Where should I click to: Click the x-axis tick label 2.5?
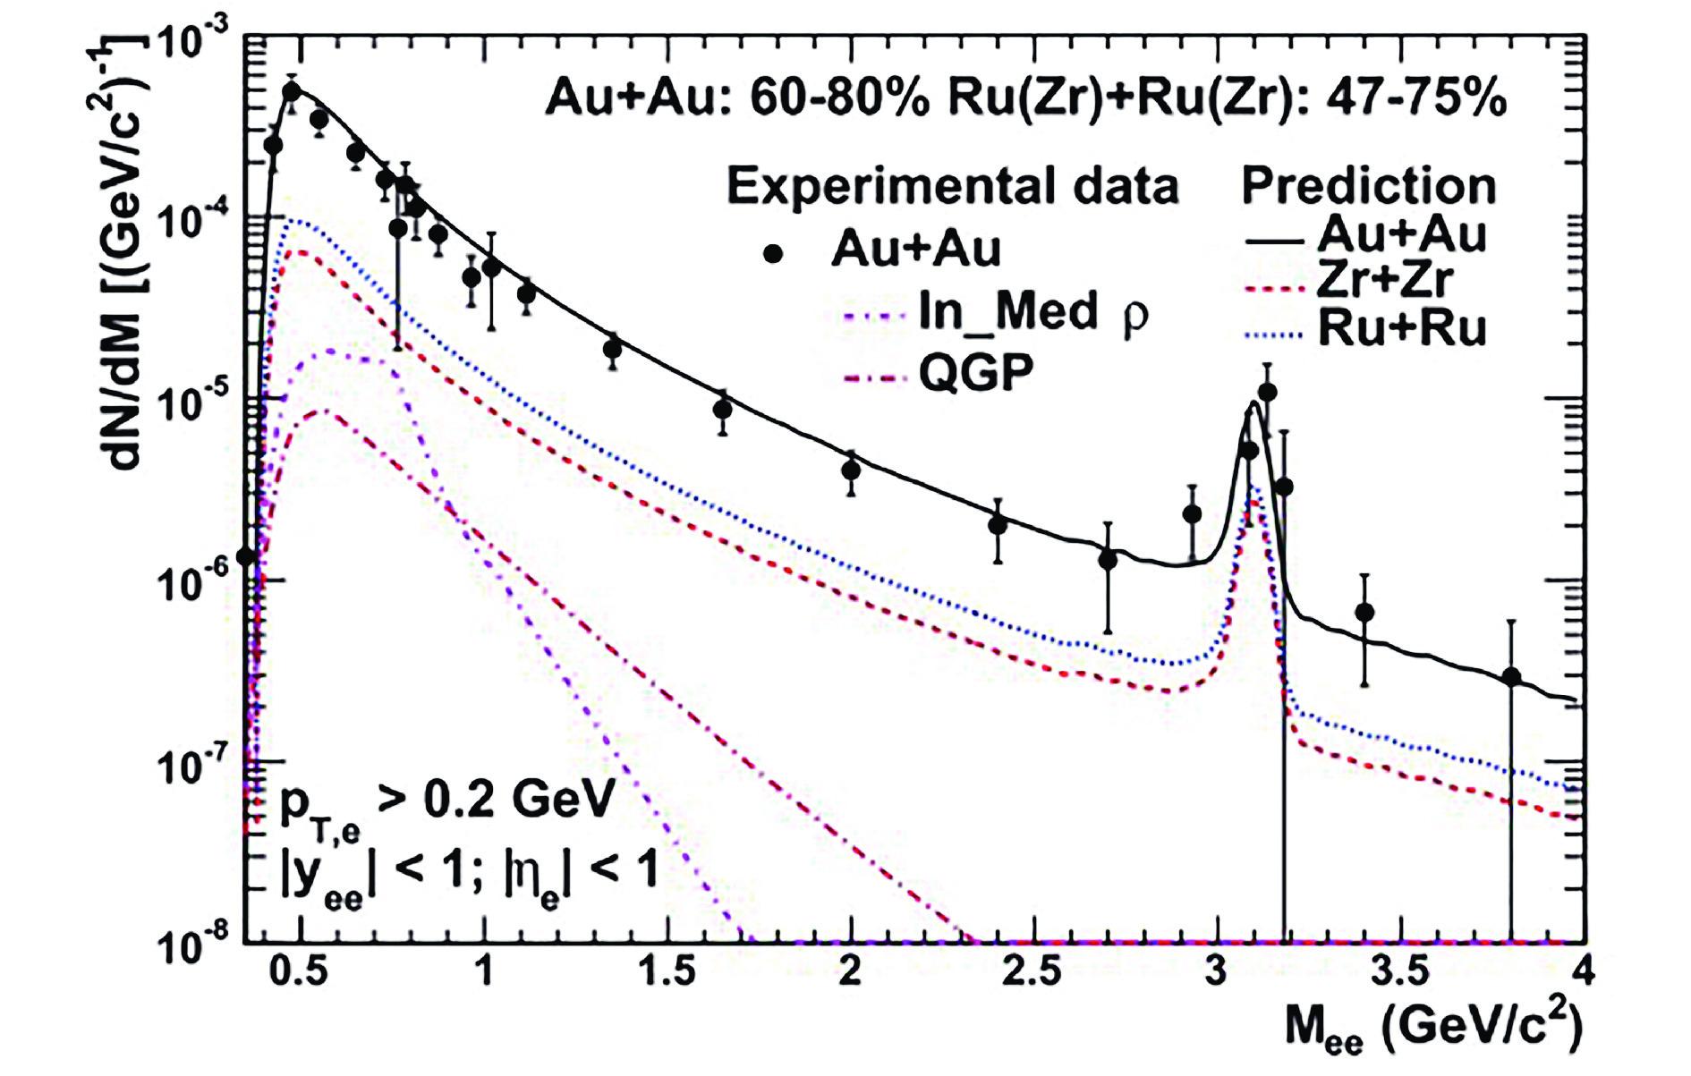coord(1032,970)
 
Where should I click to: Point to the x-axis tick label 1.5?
coord(668,970)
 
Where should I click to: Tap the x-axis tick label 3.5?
coord(1398,970)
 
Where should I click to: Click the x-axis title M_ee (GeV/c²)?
coord(1432,1029)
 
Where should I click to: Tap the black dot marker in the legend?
coord(773,254)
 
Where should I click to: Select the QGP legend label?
coord(976,371)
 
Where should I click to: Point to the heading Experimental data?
coord(952,187)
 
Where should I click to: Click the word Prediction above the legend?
coord(1368,187)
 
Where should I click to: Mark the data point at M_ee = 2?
coord(851,470)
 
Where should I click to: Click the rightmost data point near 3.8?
coord(1511,677)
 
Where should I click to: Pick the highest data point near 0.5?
coord(292,91)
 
